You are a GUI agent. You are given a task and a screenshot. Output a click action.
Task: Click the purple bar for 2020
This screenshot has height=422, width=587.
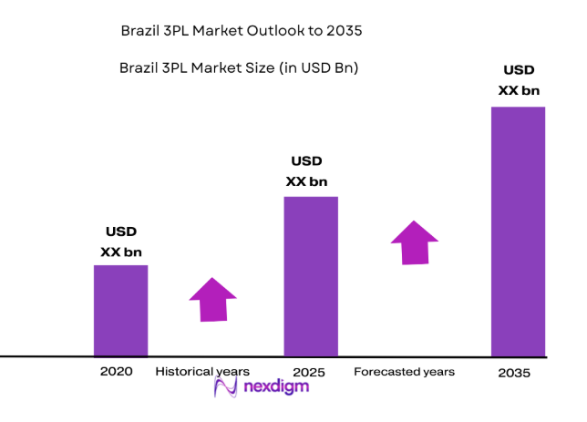click(120, 310)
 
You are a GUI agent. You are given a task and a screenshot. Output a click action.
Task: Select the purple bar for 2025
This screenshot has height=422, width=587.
click(311, 275)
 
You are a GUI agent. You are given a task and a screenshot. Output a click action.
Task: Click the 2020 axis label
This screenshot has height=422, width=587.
click(117, 372)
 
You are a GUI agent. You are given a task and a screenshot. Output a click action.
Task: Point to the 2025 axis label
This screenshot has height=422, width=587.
click(309, 373)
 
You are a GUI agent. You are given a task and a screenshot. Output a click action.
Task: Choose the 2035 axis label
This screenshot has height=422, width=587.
click(515, 374)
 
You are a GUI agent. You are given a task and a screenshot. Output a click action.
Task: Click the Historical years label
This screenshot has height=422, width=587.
click(201, 372)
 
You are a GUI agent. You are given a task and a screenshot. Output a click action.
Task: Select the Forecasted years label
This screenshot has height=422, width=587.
click(404, 372)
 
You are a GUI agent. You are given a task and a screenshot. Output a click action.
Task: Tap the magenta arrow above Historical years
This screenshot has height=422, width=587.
click(212, 299)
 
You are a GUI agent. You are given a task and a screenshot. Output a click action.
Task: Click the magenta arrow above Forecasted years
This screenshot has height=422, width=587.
click(414, 242)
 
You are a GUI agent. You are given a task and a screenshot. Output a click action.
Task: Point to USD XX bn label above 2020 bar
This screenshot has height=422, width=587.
click(120, 242)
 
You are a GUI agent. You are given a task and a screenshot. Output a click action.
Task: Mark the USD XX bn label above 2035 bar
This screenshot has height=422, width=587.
click(518, 80)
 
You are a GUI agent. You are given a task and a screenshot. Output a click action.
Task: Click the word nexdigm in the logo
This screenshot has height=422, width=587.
click(276, 387)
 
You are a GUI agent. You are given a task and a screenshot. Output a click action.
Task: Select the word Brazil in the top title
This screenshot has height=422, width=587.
click(139, 31)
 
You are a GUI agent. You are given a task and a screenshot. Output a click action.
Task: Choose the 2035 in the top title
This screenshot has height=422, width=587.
click(345, 31)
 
